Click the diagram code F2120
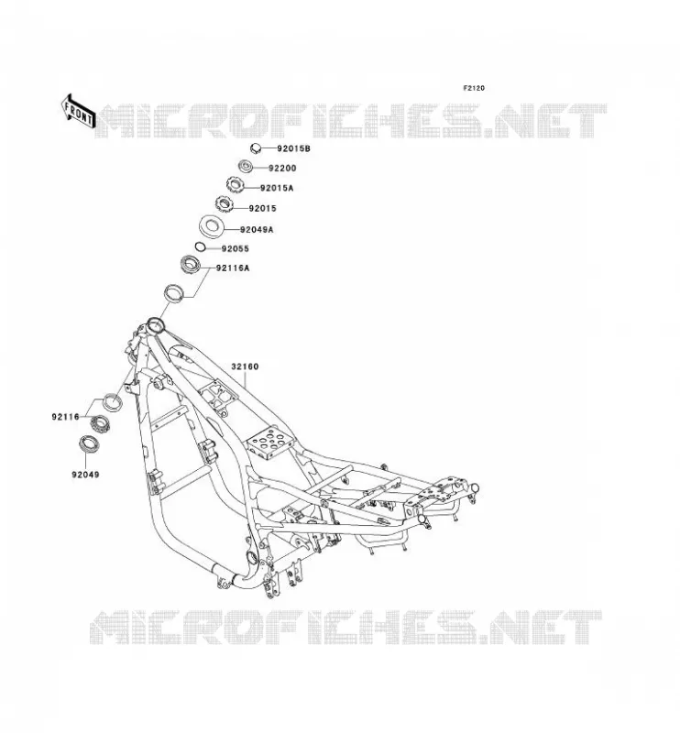click(474, 88)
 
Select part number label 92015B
click(293, 148)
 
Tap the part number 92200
click(282, 169)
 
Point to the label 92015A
click(277, 189)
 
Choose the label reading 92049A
click(257, 230)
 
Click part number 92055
click(236, 249)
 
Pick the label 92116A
click(233, 268)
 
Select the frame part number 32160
click(245, 367)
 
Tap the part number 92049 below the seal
click(85, 475)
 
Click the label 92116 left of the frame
click(65, 417)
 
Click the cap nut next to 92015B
click(256, 148)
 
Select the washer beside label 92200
click(246, 166)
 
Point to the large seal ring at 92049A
click(212, 227)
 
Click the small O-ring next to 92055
click(200, 246)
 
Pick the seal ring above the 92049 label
click(88, 443)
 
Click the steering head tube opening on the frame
click(154, 323)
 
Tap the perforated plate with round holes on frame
click(269, 443)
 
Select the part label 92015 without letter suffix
click(262, 209)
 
